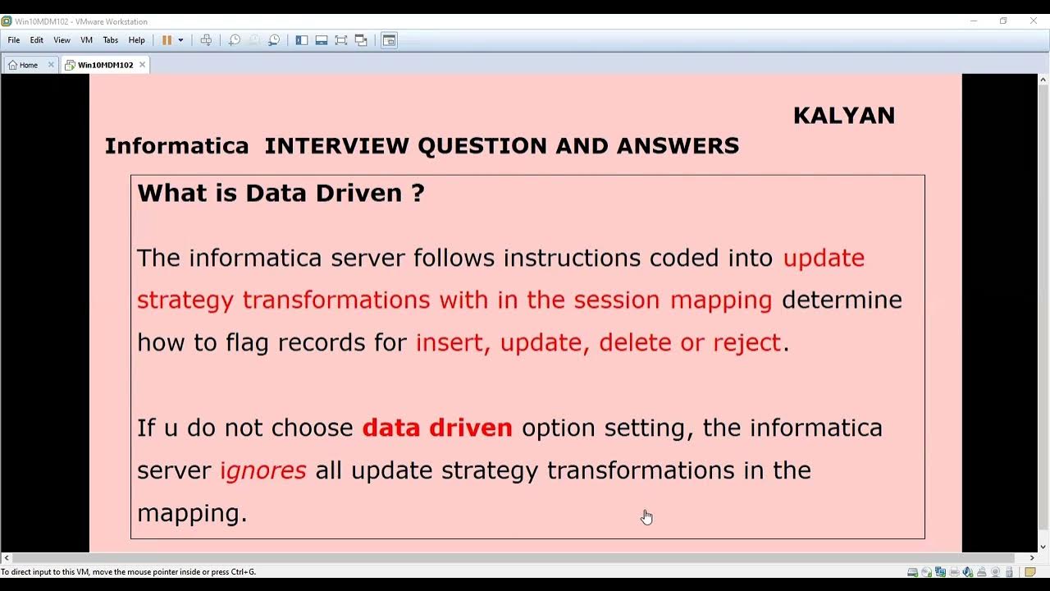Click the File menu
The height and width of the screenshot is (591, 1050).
(x=14, y=40)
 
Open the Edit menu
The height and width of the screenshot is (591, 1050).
(x=37, y=40)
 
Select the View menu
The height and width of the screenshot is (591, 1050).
(x=62, y=40)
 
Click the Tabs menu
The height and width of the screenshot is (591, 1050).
(x=111, y=40)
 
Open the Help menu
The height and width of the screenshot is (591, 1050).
(x=136, y=40)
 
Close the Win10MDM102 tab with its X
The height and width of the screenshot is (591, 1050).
(x=142, y=65)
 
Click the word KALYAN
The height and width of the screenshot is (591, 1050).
(x=843, y=116)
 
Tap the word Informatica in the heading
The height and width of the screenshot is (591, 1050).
(x=176, y=146)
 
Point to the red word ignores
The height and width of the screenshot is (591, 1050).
(x=262, y=470)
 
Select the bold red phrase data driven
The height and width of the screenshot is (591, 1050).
(x=437, y=428)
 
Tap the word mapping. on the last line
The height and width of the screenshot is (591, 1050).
(x=192, y=514)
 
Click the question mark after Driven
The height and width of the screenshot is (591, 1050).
(x=418, y=194)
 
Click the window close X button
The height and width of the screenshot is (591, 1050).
(x=1033, y=21)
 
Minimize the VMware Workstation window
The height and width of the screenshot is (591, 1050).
(x=974, y=21)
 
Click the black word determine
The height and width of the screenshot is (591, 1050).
(x=842, y=300)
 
